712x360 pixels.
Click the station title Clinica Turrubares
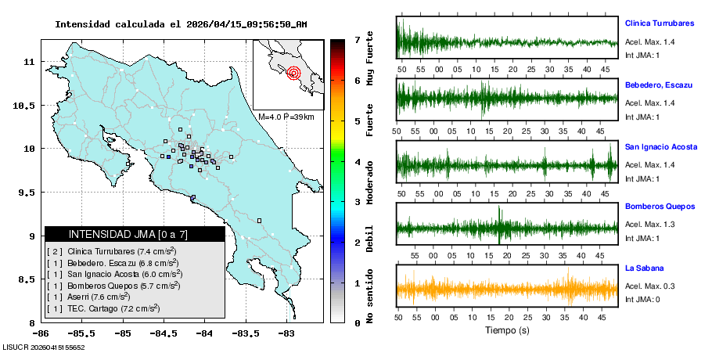click(x=660, y=23)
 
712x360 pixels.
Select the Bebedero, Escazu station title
click(x=658, y=85)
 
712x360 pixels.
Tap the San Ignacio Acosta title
click(x=661, y=146)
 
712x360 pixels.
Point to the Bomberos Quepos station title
click(x=660, y=207)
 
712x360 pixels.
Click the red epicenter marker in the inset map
click(x=293, y=74)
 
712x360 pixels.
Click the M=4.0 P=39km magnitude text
click(x=286, y=117)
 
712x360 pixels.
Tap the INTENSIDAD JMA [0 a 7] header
click(x=135, y=234)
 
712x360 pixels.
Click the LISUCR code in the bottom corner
click(x=44, y=346)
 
